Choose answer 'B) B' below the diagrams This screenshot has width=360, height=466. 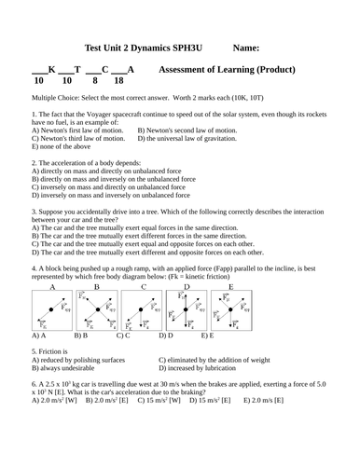pos(81,334)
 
